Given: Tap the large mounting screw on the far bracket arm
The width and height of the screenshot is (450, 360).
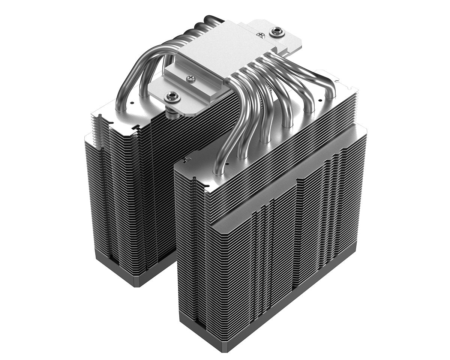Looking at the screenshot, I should pos(277,31).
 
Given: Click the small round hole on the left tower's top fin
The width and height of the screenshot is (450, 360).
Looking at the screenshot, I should pos(132,102).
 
